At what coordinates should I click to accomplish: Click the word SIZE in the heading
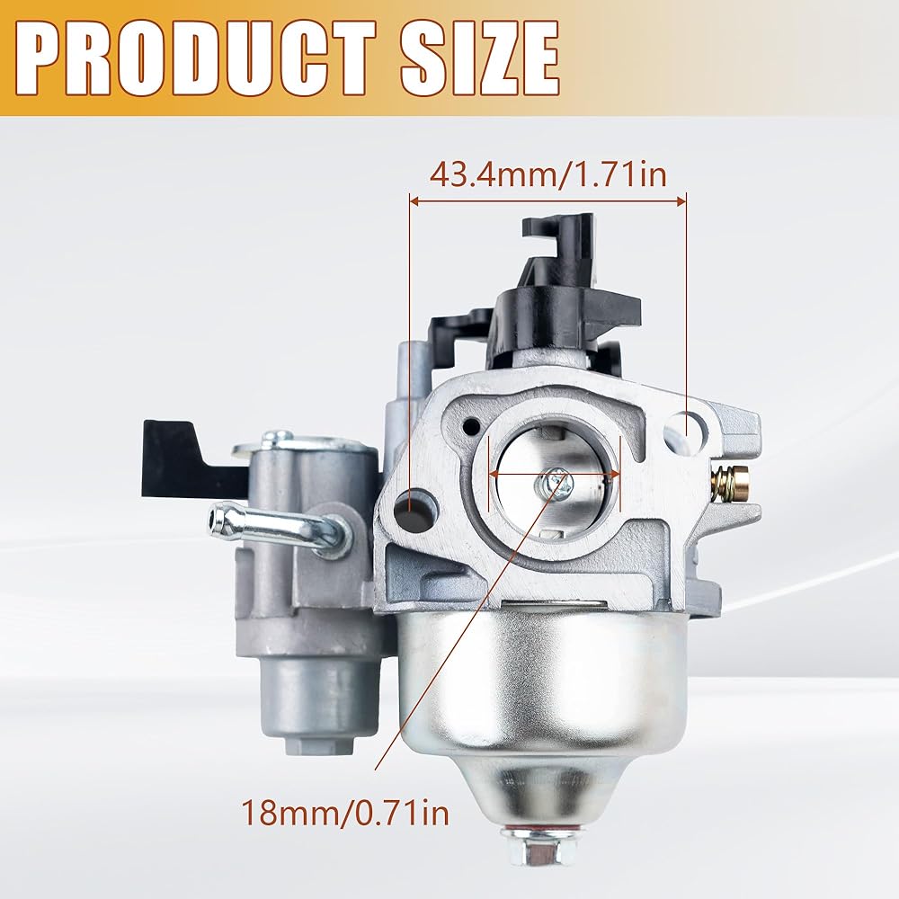click(x=479, y=58)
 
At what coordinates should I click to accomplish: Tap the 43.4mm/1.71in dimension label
click(x=548, y=174)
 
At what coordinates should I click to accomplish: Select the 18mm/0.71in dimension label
click(x=345, y=812)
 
